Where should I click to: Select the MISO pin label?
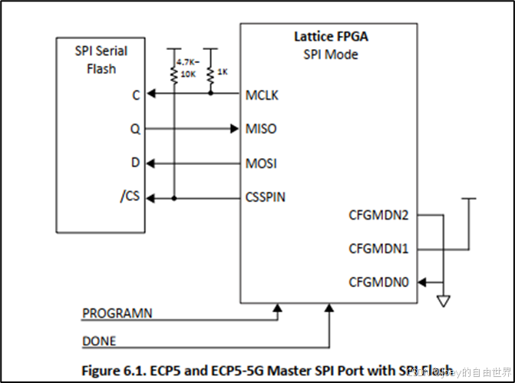(261, 129)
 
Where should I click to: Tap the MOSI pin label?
(262, 163)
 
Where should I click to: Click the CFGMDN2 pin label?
(378, 215)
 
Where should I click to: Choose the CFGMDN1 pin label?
(378, 249)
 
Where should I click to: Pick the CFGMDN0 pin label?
(378, 282)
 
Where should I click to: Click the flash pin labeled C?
(136, 95)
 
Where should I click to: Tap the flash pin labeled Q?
(136, 129)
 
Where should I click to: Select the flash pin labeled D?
(136, 163)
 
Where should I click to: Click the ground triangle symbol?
(443, 302)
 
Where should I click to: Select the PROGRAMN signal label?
(117, 313)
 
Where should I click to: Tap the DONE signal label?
(99, 340)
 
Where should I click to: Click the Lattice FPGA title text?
(329, 36)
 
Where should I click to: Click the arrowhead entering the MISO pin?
(235, 129)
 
